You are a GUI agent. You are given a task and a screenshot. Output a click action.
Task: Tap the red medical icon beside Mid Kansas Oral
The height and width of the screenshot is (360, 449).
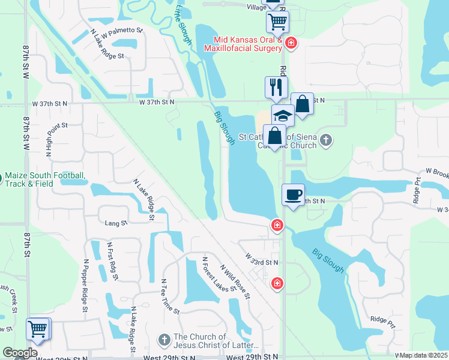[x=291, y=43]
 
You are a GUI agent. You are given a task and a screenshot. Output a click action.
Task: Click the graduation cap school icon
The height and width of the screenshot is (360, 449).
[x=283, y=115]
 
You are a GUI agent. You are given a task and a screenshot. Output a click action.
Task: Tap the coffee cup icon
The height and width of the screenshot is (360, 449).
[x=293, y=195]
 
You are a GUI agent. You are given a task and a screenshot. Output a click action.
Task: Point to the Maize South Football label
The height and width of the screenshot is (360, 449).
[x=44, y=179]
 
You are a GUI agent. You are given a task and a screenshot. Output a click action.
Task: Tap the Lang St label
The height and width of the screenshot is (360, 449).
[x=116, y=223]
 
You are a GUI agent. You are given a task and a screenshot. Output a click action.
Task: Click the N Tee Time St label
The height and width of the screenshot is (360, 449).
[x=170, y=296]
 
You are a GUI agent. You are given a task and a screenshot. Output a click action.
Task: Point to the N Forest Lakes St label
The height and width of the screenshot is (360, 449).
[x=214, y=275]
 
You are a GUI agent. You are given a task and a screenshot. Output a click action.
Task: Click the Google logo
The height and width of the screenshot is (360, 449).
[x=20, y=353]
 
